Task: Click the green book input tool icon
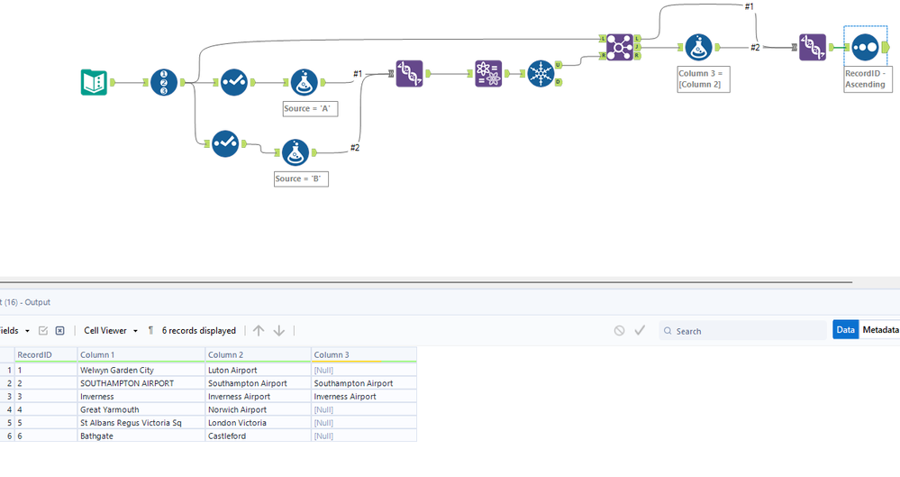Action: (x=94, y=83)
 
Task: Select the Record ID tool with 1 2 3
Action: (x=163, y=83)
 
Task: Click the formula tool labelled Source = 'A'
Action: (x=304, y=83)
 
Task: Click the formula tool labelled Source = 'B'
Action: (x=295, y=152)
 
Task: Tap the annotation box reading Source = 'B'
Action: (x=301, y=179)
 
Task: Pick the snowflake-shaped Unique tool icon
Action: (x=541, y=74)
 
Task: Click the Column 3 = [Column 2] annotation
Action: (x=704, y=78)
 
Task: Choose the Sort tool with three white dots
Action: (x=864, y=47)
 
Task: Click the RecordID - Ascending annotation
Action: (x=865, y=78)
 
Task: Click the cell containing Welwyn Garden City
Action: (x=117, y=370)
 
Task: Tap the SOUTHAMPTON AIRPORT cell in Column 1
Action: (x=127, y=383)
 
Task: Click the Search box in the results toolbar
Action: (x=743, y=331)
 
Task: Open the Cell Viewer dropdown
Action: (x=111, y=331)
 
